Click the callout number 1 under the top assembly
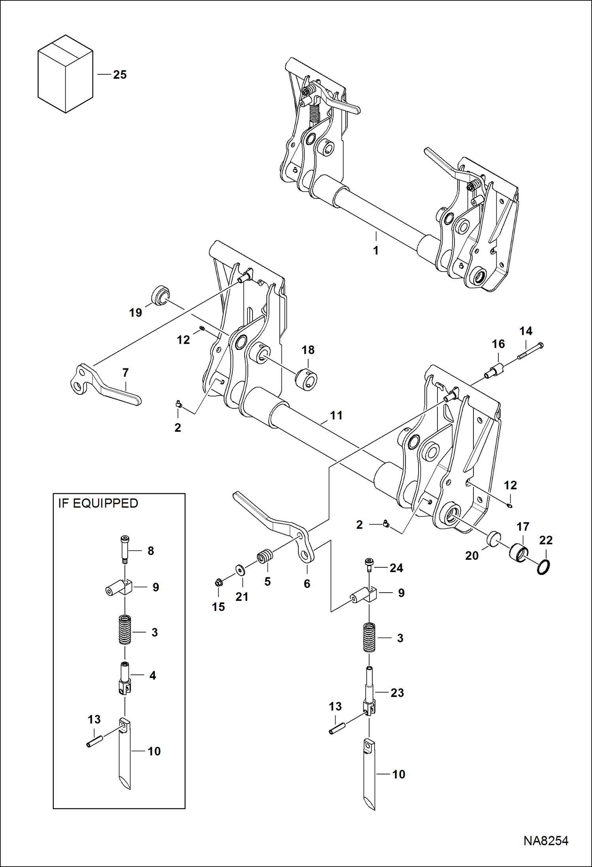click(376, 251)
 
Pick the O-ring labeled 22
click(544, 567)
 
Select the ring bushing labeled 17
click(518, 552)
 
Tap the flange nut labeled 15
click(218, 582)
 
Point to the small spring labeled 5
click(265, 557)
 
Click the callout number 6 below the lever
click(307, 584)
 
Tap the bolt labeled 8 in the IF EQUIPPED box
click(124, 549)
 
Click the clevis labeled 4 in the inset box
click(124, 678)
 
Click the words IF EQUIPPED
click(98, 503)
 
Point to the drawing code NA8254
click(546, 841)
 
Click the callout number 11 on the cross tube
click(336, 416)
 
